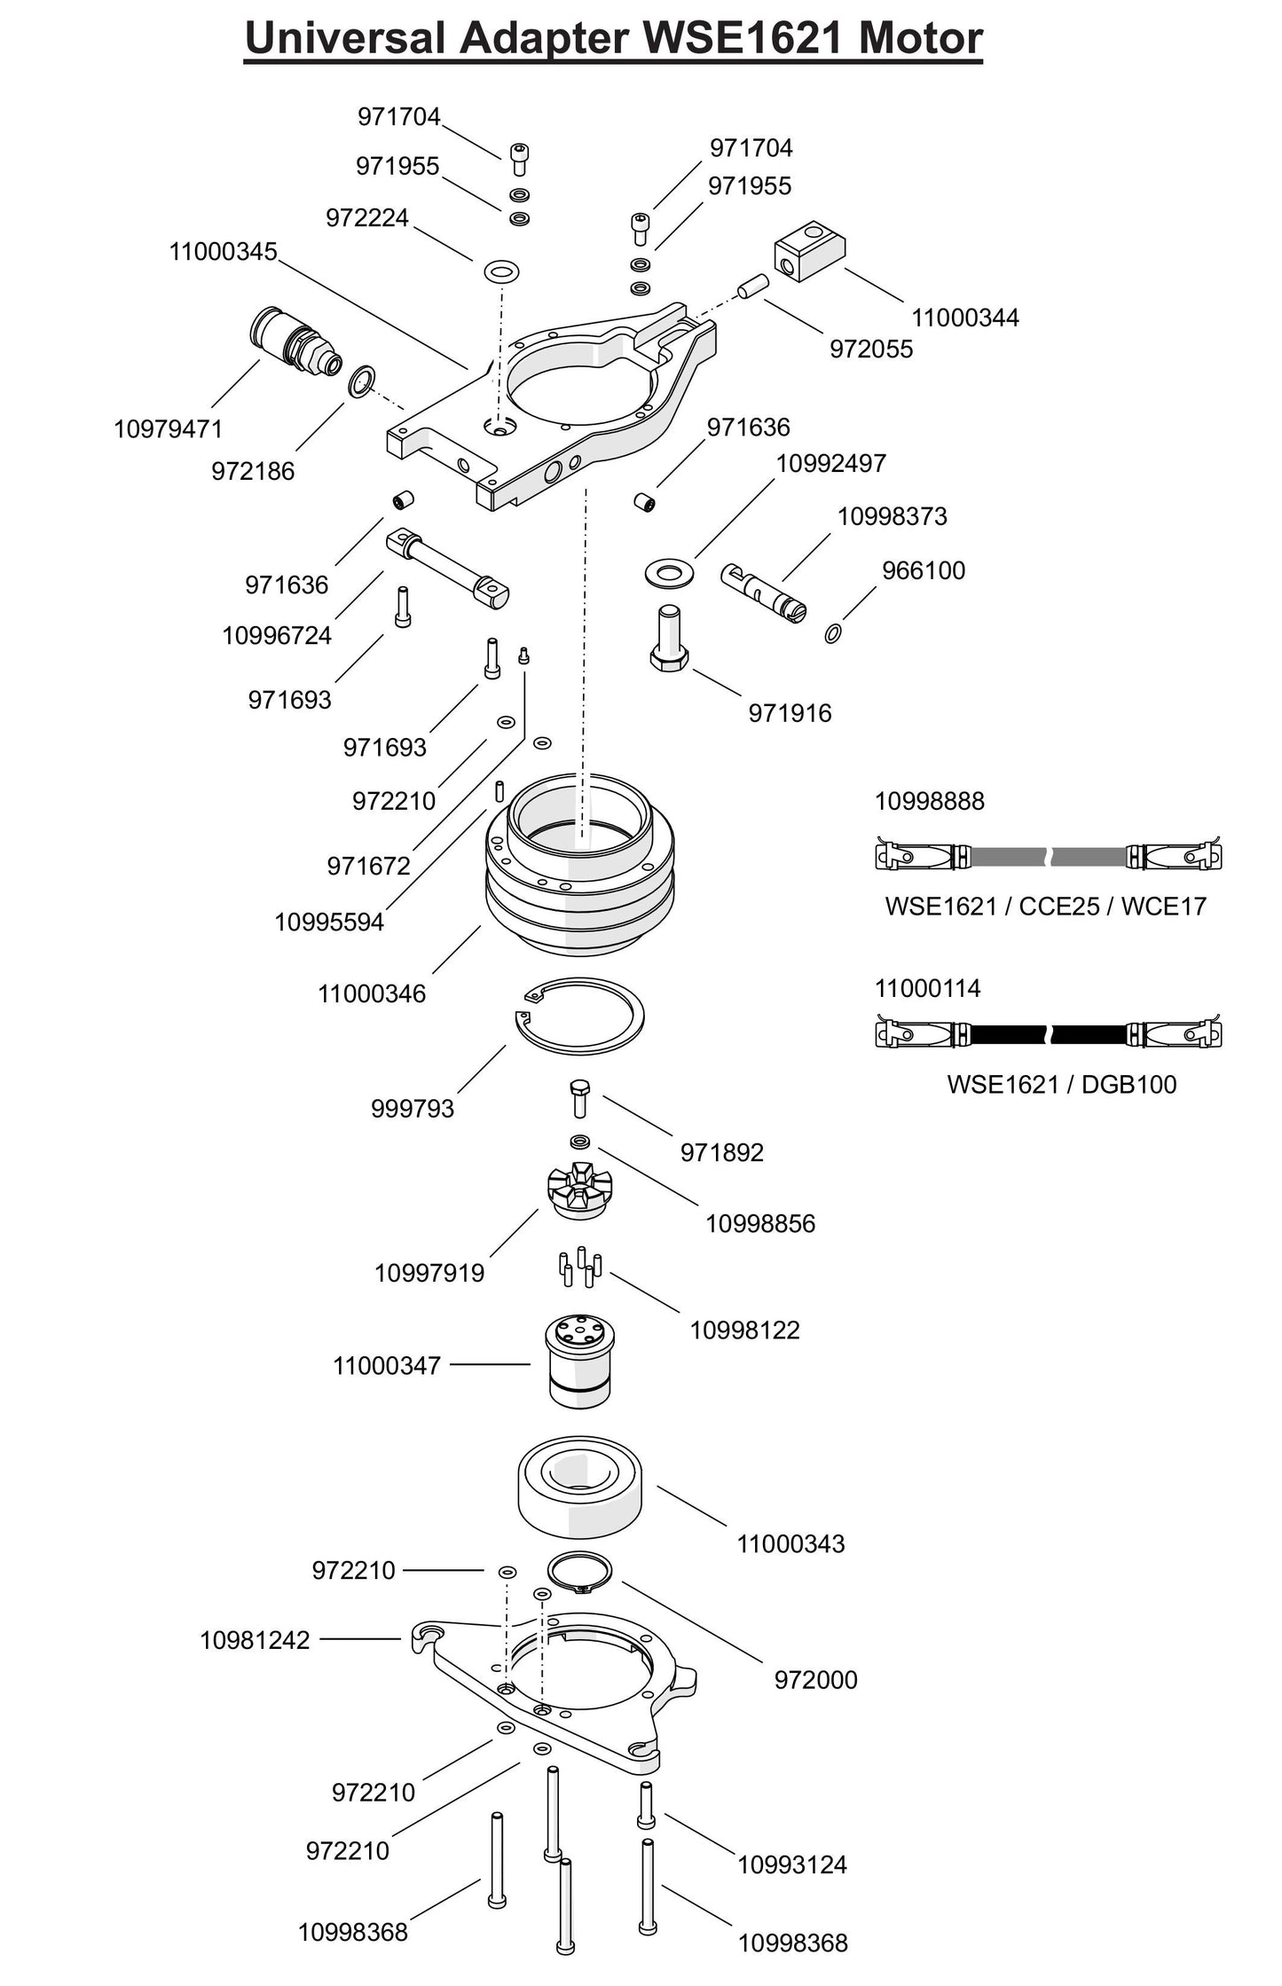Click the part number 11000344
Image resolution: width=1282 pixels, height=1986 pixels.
tap(965, 318)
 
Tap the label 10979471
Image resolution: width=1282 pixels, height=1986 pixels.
tap(168, 429)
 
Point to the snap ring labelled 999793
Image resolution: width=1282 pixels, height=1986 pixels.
tap(581, 1017)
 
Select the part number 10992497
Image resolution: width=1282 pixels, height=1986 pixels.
tap(830, 463)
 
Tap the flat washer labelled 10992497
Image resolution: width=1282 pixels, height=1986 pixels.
tap(669, 572)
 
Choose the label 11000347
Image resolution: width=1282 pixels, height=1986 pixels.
tap(386, 1366)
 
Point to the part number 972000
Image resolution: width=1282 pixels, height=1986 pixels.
tap(815, 1680)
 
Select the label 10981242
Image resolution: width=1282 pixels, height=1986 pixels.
tap(255, 1640)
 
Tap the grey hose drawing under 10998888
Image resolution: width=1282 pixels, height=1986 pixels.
tap(1047, 857)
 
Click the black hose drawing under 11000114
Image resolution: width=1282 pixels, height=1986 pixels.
tap(1047, 1034)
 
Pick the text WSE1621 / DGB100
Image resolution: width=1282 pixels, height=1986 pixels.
tap(1061, 1084)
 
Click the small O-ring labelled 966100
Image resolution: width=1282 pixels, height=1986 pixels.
tap(832, 633)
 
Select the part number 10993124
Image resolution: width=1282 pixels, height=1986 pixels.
tap(792, 1864)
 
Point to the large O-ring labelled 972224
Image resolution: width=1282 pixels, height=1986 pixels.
tap(502, 271)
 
